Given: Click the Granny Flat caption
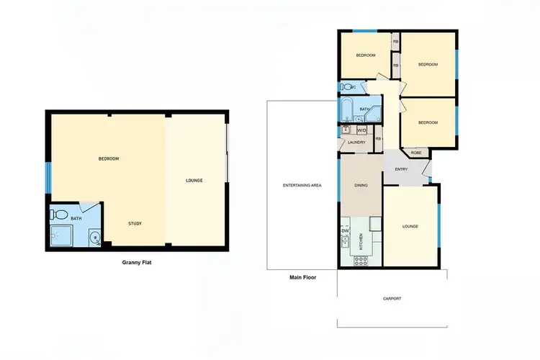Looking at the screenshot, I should click(137, 263).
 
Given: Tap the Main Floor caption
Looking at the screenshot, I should click(302, 276).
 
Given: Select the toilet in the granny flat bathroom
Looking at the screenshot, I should click(60, 215).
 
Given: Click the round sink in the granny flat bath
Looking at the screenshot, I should click(94, 238).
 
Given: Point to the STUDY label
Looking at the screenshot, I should click(135, 223).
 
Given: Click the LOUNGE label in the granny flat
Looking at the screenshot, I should click(194, 180).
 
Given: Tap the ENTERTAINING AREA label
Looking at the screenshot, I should click(302, 185).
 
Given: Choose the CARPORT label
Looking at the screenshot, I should click(392, 298).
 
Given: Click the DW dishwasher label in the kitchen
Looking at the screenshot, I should click(346, 231).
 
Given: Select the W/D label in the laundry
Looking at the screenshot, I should click(361, 130).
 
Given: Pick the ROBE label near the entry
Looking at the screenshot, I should click(416, 153).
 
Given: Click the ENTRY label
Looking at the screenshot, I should click(401, 169).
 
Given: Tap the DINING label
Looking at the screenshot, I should click(361, 186).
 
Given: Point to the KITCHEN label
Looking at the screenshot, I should click(361, 241).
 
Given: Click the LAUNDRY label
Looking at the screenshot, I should click(356, 142).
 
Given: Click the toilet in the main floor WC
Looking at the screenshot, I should click(348, 87).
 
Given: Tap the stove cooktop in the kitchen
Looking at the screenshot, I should click(360, 260).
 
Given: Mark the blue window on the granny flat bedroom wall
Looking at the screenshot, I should click(48, 178).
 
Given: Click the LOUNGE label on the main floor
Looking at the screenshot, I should click(410, 227).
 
